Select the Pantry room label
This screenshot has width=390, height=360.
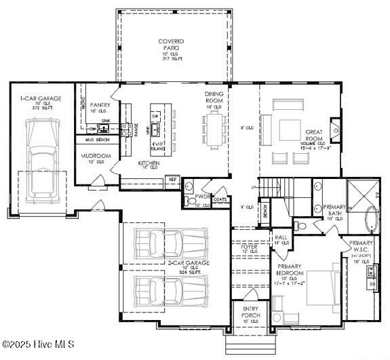click(x=100, y=106)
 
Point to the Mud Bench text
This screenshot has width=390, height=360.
click(x=97, y=139)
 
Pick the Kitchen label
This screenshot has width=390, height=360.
click(x=149, y=164)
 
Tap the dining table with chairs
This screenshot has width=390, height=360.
click(x=211, y=129)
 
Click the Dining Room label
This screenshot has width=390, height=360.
click(x=214, y=100)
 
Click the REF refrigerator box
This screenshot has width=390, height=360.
click(x=172, y=180)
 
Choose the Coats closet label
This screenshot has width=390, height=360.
click(x=219, y=199)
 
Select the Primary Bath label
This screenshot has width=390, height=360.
click(x=334, y=210)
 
